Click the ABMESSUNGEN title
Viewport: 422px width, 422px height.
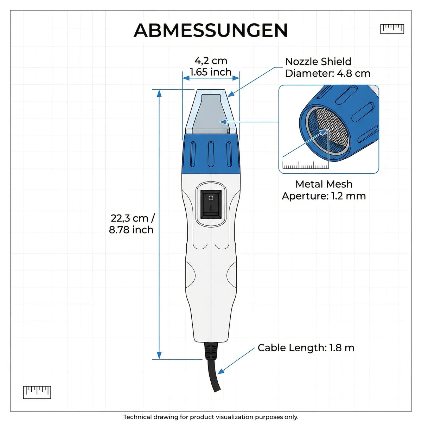[210, 30]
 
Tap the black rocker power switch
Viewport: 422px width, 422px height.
[211, 204]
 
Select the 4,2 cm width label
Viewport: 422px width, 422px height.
[211, 61]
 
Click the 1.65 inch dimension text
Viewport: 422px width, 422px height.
[210, 72]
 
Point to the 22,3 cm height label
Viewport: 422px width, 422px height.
[133, 218]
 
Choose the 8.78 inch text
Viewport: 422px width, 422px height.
[131, 230]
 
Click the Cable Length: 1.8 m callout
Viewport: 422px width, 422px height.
[306, 347]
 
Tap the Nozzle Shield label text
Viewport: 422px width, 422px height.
[318, 62]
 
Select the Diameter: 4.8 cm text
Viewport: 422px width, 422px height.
[328, 73]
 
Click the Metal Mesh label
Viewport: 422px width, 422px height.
[324, 184]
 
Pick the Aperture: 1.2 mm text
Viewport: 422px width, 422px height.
[324, 196]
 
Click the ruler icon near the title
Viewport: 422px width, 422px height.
[392, 29]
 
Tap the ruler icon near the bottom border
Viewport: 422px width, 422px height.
[37, 392]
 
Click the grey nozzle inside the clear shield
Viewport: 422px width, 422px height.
[211, 114]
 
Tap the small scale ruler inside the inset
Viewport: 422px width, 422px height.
[306, 165]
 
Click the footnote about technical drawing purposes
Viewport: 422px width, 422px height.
[211, 411]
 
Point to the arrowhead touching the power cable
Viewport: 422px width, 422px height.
[221, 371]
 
